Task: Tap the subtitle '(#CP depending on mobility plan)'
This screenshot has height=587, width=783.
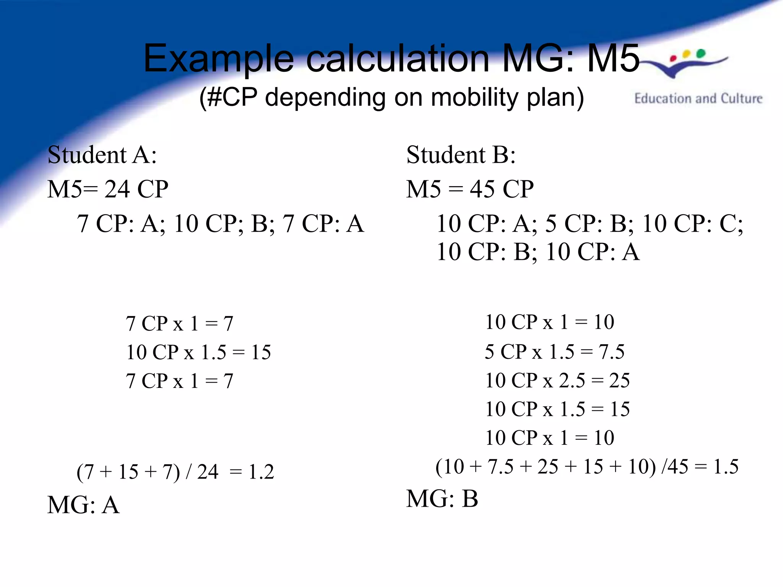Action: click(x=391, y=97)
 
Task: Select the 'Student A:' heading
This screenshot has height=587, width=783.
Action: click(x=102, y=155)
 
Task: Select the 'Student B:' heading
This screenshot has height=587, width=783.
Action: click(x=461, y=155)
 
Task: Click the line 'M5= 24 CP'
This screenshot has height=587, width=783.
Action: click(x=107, y=189)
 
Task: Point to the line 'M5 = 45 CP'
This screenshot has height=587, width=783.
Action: click(x=470, y=189)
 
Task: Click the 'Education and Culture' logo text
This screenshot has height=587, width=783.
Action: click(x=698, y=99)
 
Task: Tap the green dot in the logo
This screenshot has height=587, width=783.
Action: click(x=700, y=54)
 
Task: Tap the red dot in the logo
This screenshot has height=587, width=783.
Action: click(x=673, y=58)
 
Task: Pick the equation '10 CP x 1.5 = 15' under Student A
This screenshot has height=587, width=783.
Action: click(x=198, y=352)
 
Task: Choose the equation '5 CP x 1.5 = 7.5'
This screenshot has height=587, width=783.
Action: click(x=554, y=352)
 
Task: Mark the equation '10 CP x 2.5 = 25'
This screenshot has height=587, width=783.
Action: click(x=557, y=381)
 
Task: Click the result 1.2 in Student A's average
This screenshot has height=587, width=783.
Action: click(x=261, y=472)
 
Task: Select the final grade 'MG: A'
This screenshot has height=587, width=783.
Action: click(x=83, y=505)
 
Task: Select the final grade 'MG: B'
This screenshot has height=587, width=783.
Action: click(x=442, y=499)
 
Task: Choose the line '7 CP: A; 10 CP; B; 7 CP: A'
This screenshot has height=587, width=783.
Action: click(x=220, y=224)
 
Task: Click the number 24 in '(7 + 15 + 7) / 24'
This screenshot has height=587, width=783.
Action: click(x=208, y=472)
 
